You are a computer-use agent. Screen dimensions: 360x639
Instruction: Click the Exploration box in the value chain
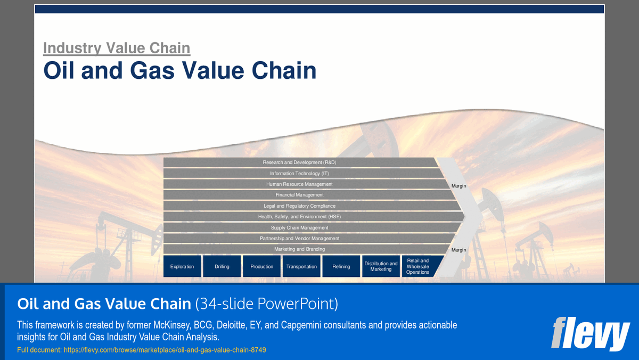(182, 266)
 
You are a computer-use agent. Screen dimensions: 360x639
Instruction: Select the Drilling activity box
(222, 266)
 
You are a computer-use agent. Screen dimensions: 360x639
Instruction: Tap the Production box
(262, 266)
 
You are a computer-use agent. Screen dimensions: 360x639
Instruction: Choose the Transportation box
(301, 266)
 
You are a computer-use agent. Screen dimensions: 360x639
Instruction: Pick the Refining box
(341, 266)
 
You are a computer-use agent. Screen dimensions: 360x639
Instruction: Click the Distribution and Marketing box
(381, 266)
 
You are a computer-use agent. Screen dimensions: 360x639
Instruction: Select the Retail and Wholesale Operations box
(419, 266)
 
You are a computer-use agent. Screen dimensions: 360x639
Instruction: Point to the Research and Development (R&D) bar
(299, 162)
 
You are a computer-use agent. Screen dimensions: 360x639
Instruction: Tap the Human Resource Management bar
(299, 184)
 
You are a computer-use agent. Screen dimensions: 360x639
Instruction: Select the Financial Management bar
(299, 195)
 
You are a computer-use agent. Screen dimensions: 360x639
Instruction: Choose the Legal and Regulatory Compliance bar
(299, 206)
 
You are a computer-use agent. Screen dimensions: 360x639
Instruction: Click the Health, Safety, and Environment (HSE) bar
(299, 217)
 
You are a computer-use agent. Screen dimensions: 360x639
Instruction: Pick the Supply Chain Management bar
(299, 228)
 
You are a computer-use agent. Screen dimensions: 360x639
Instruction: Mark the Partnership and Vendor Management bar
(299, 239)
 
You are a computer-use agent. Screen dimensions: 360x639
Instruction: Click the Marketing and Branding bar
(299, 249)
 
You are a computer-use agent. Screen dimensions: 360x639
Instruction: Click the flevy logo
(590, 333)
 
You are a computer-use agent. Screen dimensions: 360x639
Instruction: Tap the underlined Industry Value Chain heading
(117, 48)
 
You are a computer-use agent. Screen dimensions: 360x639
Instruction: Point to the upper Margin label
(459, 186)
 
